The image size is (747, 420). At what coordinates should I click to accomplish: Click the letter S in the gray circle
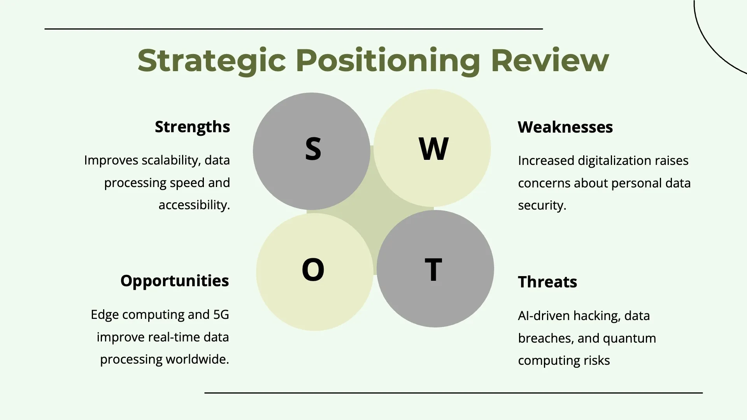tap(313, 149)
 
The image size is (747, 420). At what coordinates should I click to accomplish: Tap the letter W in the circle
tap(433, 149)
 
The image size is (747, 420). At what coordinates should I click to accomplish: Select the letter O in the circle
tap(313, 269)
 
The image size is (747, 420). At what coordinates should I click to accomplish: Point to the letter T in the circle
tap(433, 269)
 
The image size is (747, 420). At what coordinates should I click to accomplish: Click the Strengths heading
tap(193, 127)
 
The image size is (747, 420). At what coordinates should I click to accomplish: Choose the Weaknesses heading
tap(565, 127)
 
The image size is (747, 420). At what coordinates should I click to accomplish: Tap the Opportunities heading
tap(175, 281)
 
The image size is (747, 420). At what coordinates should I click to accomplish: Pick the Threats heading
tap(547, 282)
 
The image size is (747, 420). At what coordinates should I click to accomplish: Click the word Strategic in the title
tap(212, 61)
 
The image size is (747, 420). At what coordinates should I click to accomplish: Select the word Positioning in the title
tap(388, 61)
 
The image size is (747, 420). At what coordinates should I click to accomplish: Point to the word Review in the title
tap(550, 61)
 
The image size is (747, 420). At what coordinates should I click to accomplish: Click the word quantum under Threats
tap(630, 339)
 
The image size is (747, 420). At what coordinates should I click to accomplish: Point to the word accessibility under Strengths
tap(195, 205)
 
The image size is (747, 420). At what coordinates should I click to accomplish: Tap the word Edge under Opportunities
tap(105, 315)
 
